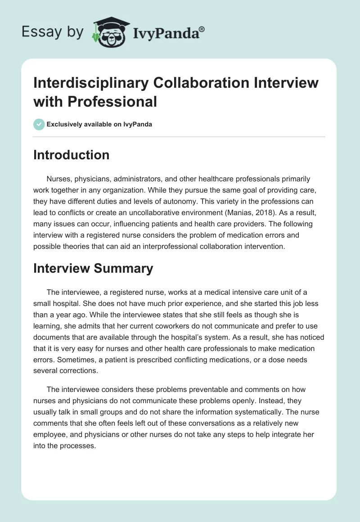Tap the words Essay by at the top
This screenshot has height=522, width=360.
52,32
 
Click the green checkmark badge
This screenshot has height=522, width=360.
39,125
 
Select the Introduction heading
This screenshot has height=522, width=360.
72,155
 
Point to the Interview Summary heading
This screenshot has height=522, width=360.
93,269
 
